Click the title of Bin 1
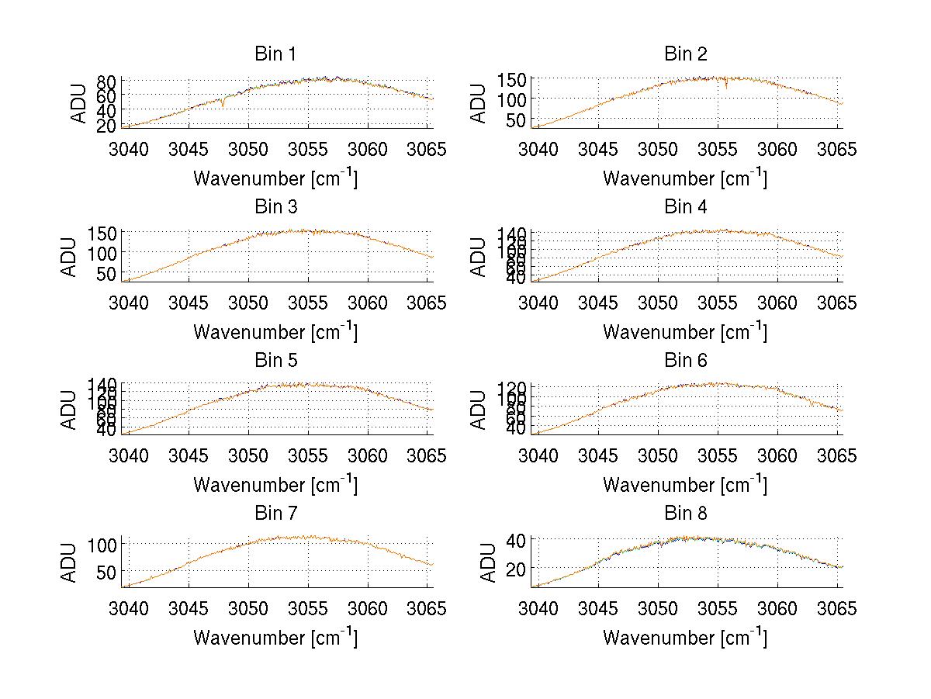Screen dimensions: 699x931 pos(275,54)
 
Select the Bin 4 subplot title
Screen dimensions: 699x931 pos(686,207)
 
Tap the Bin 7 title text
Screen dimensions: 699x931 pos(275,514)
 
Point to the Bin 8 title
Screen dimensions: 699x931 pos(686,514)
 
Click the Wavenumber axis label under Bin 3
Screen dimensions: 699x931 pos(275,331)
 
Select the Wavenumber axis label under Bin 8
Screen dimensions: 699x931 pos(685,638)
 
